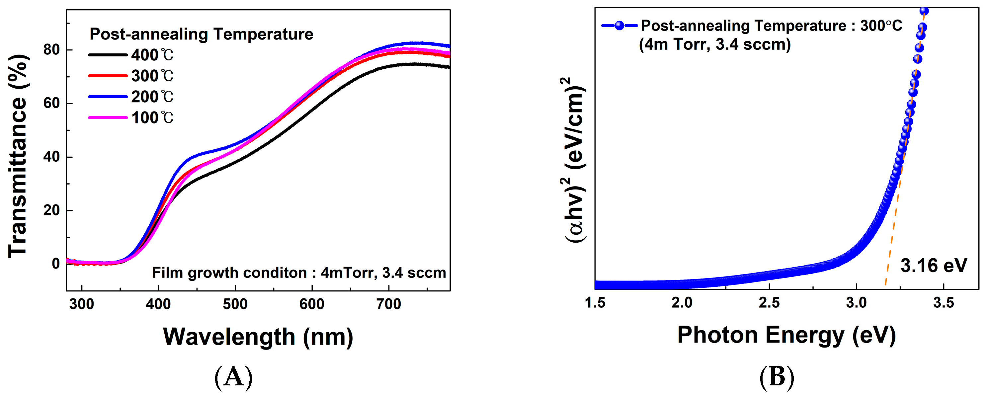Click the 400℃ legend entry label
pos(152,55)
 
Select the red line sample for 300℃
pos(108,76)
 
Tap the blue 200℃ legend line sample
pos(108,97)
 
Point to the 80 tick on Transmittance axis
pos(51,50)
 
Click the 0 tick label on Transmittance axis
pos(56,264)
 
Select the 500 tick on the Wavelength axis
pos(235,304)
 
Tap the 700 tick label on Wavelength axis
pos(388,304)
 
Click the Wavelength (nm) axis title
pos(258,337)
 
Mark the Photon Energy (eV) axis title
pos(786,335)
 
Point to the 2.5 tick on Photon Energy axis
pos(769,303)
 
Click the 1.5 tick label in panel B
pos(595,303)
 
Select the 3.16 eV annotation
pos(933,266)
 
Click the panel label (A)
pos(233,378)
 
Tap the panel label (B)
pos(777,378)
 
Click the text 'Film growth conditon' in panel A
pos(229,273)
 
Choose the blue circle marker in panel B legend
pos(619,26)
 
